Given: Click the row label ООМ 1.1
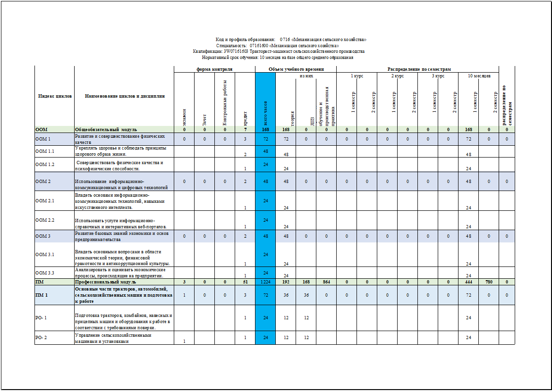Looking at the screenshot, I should click(45, 151).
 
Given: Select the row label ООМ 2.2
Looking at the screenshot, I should click(45, 220).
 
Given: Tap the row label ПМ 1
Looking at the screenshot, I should click(41, 295).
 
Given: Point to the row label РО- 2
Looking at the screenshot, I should click(41, 337).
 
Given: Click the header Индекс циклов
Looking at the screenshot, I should click(55, 96).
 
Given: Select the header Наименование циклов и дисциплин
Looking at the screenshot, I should click(125, 96).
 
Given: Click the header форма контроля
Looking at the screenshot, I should click(214, 69).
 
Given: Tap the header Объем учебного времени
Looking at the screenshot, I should click(296, 69).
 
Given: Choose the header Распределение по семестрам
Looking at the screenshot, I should click(419, 69).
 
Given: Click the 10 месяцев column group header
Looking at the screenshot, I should click(478, 75).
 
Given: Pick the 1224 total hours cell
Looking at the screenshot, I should click(265, 282).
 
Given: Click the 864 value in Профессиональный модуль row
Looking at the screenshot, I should click(326, 282).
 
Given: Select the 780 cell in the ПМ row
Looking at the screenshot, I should click(489, 282).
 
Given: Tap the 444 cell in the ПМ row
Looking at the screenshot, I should click(468, 282).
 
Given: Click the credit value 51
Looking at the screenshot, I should click(245, 282).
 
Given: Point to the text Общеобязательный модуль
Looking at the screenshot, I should click(106, 129).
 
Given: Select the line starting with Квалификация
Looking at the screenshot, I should click(279, 51).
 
